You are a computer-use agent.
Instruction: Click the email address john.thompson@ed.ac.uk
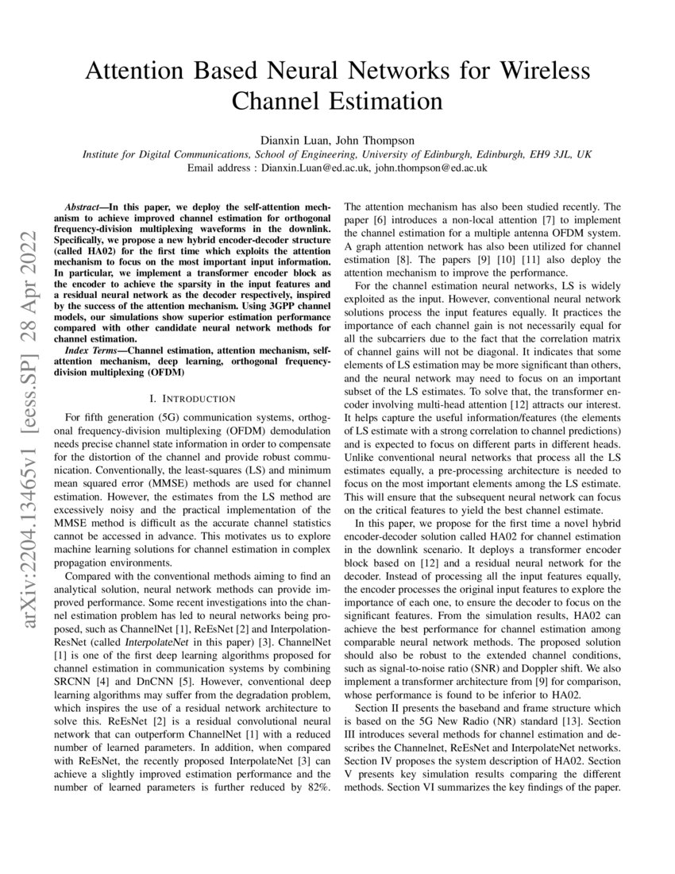[x=431, y=168]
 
